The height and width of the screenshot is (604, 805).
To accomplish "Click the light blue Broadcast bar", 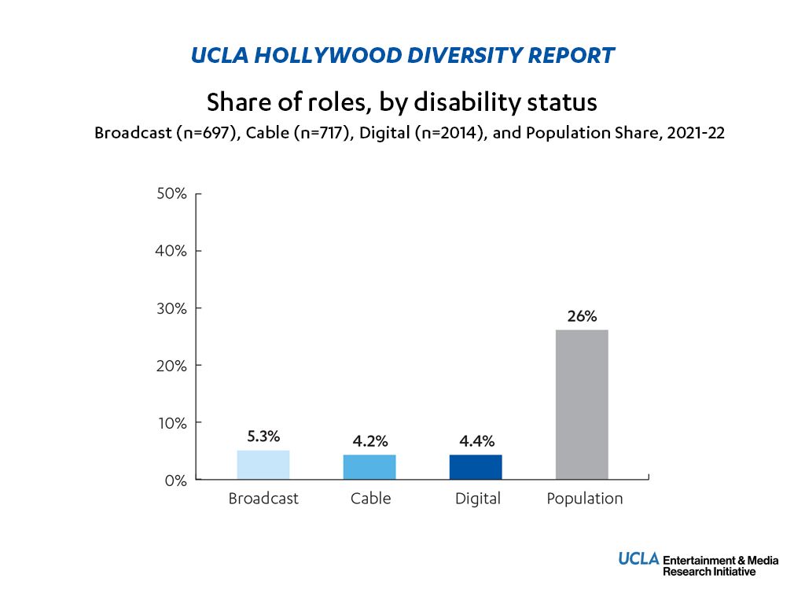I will [263, 464].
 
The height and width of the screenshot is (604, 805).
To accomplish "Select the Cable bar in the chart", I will [369, 466].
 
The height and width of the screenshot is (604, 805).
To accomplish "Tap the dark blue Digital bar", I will [476, 466].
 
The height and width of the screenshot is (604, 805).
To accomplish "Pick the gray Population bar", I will [582, 404].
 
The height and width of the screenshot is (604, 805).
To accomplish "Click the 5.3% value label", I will [263, 436].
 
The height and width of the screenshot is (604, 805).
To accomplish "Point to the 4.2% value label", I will [369, 441].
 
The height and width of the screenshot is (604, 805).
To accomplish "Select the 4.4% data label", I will [476, 441].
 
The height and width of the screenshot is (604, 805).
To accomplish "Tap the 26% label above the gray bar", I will [582, 317].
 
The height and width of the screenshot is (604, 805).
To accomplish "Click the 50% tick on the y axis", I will [171, 193].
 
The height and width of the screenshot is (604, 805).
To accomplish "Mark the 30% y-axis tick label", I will [171, 308].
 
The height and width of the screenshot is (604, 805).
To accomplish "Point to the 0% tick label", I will [175, 480].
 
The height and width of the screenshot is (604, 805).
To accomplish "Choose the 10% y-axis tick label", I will [171, 422].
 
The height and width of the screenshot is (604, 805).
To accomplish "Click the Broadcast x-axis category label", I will [263, 499].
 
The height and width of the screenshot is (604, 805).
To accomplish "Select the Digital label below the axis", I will [477, 499].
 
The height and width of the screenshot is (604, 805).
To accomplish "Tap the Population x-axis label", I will [584, 499].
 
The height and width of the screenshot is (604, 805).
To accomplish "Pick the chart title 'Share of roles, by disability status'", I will [402, 102].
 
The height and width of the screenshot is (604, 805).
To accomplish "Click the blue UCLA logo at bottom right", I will [638, 558].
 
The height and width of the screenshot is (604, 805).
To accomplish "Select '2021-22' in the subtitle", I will [696, 133].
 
